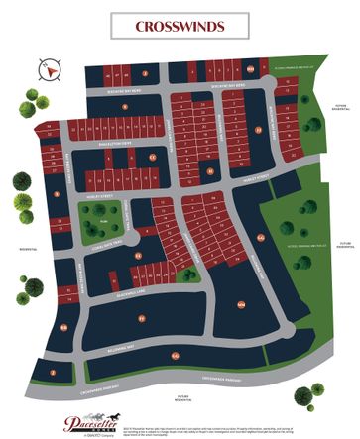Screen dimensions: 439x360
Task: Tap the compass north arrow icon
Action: coord(45,68)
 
